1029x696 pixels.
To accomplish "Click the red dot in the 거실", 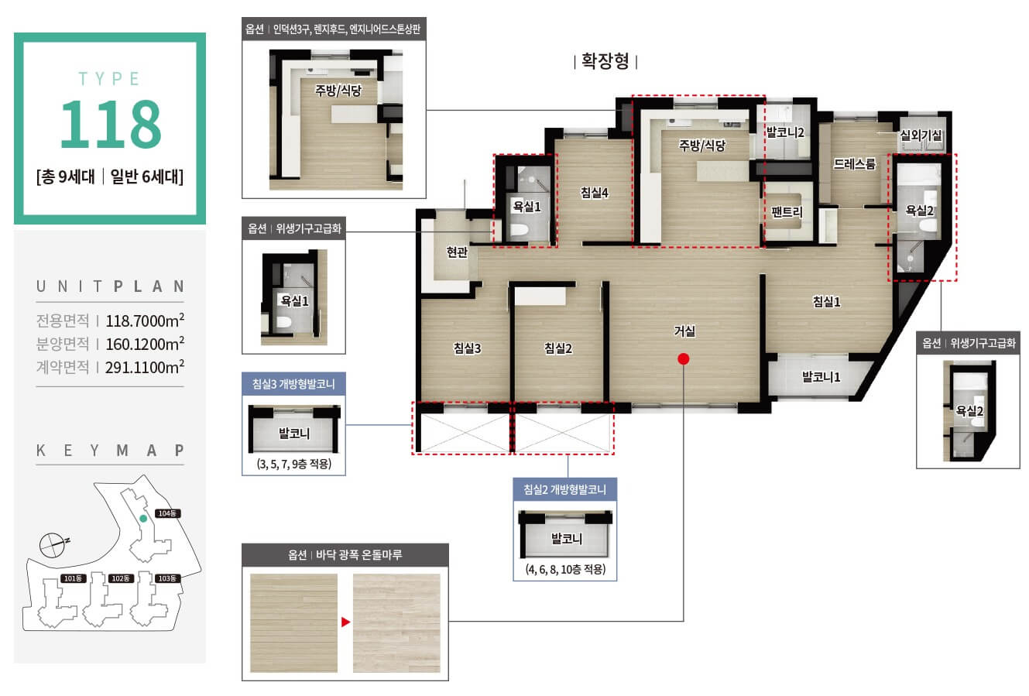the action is (x=684, y=358).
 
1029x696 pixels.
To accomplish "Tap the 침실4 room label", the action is (x=595, y=193).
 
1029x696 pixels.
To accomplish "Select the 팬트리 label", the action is (x=787, y=212).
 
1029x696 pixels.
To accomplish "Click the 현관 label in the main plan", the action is (x=457, y=252).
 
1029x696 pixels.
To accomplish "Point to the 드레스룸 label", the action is (x=855, y=164).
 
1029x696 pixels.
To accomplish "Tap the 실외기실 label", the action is (x=921, y=135).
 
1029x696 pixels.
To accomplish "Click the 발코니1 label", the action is (x=821, y=377).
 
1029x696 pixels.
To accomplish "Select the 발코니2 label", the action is (x=786, y=132).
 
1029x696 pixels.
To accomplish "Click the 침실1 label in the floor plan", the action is (x=826, y=301).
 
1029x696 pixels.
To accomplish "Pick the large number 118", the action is (x=111, y=124).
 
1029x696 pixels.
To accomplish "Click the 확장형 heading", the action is (x=605, y=61).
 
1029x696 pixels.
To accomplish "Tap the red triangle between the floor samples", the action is (x=346, y=622).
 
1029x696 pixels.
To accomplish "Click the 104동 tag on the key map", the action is (x=167, y=513).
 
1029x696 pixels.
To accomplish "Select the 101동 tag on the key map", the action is (x=73, y=578).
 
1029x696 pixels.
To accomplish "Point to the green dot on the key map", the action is (x=143, y=519).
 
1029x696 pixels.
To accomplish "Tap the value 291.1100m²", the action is (x=145, y=367).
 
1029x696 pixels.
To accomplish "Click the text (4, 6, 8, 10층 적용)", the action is (x=565, y=570).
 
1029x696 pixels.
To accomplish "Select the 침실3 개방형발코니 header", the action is (x=293, y=384).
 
